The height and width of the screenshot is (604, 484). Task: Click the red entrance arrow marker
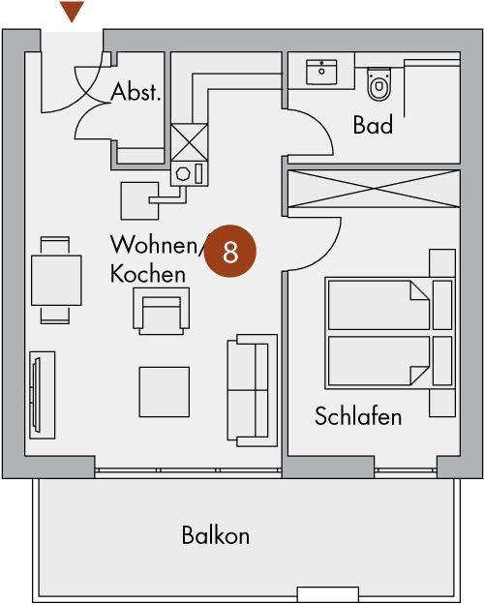coord(72,12)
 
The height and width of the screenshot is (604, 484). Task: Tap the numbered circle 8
coord(230,251)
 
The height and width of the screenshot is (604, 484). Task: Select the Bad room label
coord(373,124)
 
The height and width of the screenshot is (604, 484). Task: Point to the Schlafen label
coord(358,416)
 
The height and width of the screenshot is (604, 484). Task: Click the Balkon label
coord(216,534)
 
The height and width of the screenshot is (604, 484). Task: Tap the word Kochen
coord(148,274)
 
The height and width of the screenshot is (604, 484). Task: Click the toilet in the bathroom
coord(379,84)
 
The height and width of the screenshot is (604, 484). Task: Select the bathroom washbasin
coord(321,72)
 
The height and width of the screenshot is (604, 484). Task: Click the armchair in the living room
coord(161,311)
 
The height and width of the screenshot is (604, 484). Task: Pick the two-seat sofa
coord(252,390)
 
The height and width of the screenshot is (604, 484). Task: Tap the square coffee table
coord(165,392)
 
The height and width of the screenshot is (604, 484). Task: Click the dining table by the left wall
coord(56,280)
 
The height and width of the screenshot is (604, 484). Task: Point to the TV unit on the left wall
coord(42,395)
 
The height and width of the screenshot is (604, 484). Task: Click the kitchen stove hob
coord(189,173)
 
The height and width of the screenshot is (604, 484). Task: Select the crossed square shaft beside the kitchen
coord(189,142)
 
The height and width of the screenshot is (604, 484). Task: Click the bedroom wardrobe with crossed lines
coord(374,189)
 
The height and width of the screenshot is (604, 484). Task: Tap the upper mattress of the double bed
coord(378,305)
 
